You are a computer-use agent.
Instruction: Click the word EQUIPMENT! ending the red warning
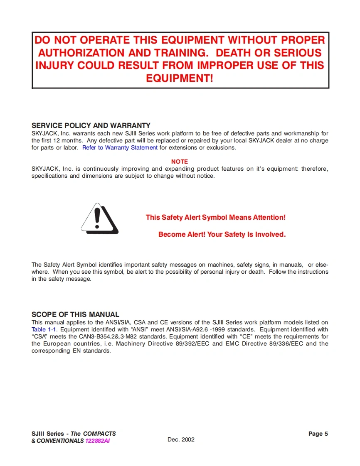[180, 78]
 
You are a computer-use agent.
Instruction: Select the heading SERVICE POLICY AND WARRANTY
[91, 125]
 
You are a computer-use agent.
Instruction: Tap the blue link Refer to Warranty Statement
[120, 148]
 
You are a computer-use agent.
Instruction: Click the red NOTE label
[180, 162]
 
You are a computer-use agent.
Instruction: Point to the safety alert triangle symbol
[99, 219]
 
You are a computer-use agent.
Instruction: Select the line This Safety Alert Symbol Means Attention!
[216, 217]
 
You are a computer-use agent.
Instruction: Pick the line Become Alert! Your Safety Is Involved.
[222, 235]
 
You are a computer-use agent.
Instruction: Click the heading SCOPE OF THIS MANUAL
[75, 314]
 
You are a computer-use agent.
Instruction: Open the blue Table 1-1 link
[44, 330]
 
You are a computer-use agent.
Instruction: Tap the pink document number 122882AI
[98, 441]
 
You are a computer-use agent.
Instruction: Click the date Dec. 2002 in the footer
[181, 439]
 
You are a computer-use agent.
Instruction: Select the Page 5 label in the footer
[318, 434]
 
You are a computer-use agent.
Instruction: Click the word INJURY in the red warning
[55, 66]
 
